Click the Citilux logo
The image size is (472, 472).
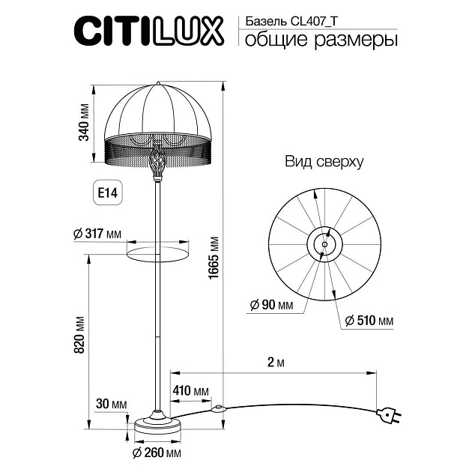point(148,31)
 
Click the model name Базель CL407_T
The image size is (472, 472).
point(294,22)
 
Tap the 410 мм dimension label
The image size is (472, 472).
point(190,390)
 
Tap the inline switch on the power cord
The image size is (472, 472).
point(219,409)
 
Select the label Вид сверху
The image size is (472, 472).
point(324,161)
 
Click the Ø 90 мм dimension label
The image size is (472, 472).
point(271,305)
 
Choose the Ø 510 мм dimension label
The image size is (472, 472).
point(369,321)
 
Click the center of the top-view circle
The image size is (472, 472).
point(324,243)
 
